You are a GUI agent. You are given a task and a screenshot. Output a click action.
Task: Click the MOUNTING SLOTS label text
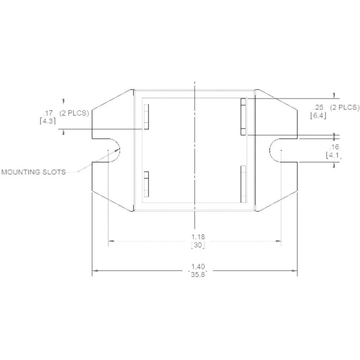coord(33,172)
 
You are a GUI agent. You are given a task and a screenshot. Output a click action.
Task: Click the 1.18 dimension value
coord(198,237)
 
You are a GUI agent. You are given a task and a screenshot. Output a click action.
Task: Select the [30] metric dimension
coord(198,246)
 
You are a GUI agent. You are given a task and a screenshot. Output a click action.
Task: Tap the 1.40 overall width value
coord(198,267)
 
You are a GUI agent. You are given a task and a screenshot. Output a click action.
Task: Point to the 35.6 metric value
coord(198,275)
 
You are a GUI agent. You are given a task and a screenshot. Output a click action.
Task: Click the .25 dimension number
coord(319,107)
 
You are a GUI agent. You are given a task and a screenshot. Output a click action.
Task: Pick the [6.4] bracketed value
coord(318,116)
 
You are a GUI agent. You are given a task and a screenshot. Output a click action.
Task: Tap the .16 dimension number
coord(334,147)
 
